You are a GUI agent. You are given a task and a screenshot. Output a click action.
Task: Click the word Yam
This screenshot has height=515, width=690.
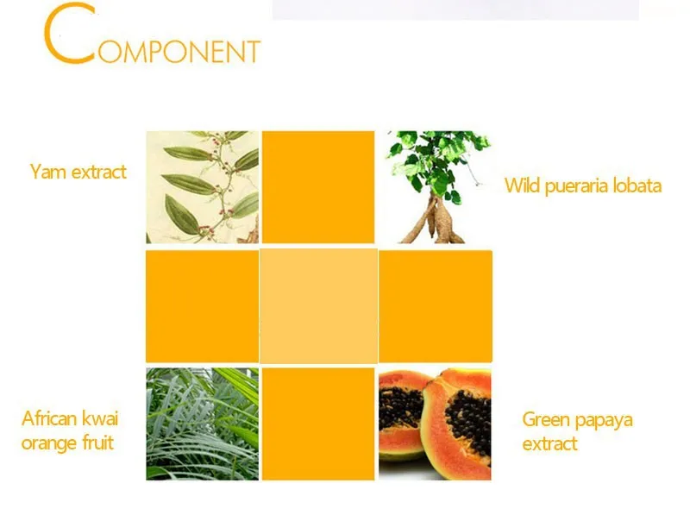pyautogui.click(x=48, y=172)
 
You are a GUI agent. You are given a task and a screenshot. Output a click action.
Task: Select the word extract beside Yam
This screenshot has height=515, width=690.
pyautogui.click(x=99, y=173)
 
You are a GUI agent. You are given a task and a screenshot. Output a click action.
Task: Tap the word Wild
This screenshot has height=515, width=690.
pyautogui.click(x=522, y=185)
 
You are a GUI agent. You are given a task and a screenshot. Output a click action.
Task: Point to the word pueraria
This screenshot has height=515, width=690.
pyautogui.click(x=577, y=186)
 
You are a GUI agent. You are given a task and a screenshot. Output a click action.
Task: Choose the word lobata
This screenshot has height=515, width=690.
pyautogui.click(x=637, y=185)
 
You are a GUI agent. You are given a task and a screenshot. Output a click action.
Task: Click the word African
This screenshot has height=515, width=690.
pyautogui.click(x=48, y=418)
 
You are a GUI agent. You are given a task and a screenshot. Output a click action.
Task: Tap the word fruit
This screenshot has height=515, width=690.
pyautogui.click(x=97, y=443)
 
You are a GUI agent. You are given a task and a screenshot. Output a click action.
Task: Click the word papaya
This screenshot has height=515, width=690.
pyautogui.click(x=604, y=421)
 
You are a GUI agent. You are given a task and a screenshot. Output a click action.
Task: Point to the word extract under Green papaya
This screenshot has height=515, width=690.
pyautogui.click(x=549, y=444)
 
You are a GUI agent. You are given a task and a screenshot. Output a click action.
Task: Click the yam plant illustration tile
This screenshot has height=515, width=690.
pyautogui.click(x=203, y=187)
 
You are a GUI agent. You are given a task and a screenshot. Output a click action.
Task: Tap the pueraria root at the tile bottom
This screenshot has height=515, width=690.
pyautogui.click(x=434, y=221)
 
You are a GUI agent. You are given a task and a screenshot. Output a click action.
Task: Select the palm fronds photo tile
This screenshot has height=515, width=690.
pyautogui.click(x=203, y=424)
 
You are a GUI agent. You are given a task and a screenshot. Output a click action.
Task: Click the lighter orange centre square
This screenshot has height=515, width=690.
pyautogui.click(x=318, y=306)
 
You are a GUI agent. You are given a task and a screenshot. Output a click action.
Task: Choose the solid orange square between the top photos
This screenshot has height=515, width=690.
pyautogui.click(x=318, y=187)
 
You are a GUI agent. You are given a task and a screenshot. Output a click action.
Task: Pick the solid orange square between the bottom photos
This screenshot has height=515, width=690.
pyautogui.click(x=318, y=424)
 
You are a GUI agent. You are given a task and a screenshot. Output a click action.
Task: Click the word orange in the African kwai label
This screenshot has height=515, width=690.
pyautogui.click(x=49, y=443)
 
